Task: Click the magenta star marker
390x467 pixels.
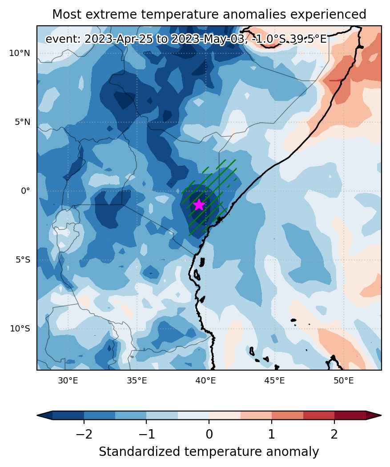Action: pyautogui.click(x=199, y=205)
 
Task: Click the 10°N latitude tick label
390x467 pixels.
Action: pyautogui.click(x=20, y=53)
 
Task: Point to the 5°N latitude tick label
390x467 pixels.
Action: pyautogui.click(x=23, y=122)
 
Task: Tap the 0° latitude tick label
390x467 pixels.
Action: pyautogui.click(x=25, y=191)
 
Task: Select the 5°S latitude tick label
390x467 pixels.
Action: pyautogui.click(x=23, y=259)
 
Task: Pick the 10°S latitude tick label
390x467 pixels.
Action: pyautogui.click(x=20, y=328)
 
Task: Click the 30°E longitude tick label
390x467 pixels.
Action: pyautogui.click(x=68, y=381)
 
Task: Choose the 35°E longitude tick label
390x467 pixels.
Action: pyautogui.click(x=137, y=381)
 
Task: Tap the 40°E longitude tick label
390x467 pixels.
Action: pyautogui.click(x=205, y=381)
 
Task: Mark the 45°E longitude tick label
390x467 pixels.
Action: pyautogui.click(x=274, y=381)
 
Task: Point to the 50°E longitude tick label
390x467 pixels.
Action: pyautogui.click(x=343, y=381)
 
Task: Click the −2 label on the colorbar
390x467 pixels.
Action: pyautogui.click(x=84, y=435)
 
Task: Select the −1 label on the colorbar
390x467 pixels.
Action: pyautogui.click(x=146, y=435)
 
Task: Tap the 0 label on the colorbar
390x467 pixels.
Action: pyautogui.click(x=209, y=435)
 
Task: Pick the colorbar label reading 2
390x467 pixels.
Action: pyautogui.click(x=334, y=435)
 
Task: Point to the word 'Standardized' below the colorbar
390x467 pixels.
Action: pyautogui.click(x=140, y=452)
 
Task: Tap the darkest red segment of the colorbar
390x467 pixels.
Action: pyautogui.click(x=350, y=415)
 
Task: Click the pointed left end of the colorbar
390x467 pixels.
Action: pyautogui.click(x=37, y=415)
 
